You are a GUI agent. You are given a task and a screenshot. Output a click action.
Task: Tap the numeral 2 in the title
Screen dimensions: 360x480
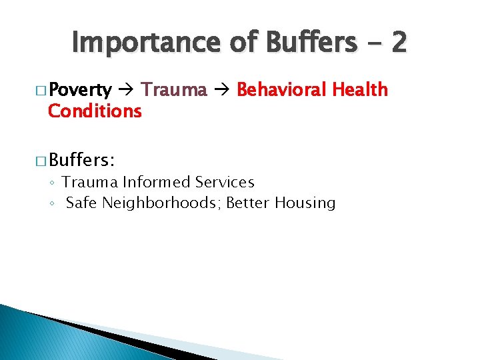tap(398, 43)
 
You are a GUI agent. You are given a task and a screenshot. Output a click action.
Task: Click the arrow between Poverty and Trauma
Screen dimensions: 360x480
tap(126, 90)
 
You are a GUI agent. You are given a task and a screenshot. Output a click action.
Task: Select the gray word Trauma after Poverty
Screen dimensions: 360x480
tap(174, 90)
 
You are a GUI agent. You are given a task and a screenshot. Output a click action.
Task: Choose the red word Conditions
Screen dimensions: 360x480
tap(95, 111)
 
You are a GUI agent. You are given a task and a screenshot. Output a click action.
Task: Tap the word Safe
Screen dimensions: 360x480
tap(82, 203)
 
